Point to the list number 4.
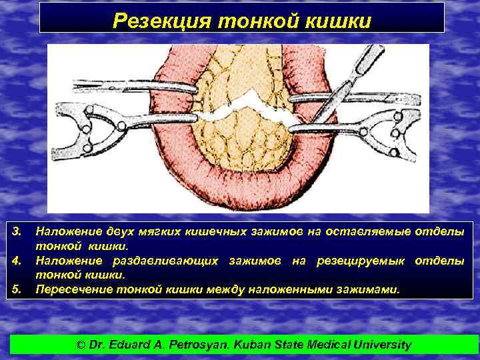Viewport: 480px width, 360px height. (19, 260)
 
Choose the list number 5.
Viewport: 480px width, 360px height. (19, 289)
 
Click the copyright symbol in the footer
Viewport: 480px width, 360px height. (81, 345)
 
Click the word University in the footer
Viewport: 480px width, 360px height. (380, 345)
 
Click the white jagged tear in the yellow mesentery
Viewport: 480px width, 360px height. (247, 103)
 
